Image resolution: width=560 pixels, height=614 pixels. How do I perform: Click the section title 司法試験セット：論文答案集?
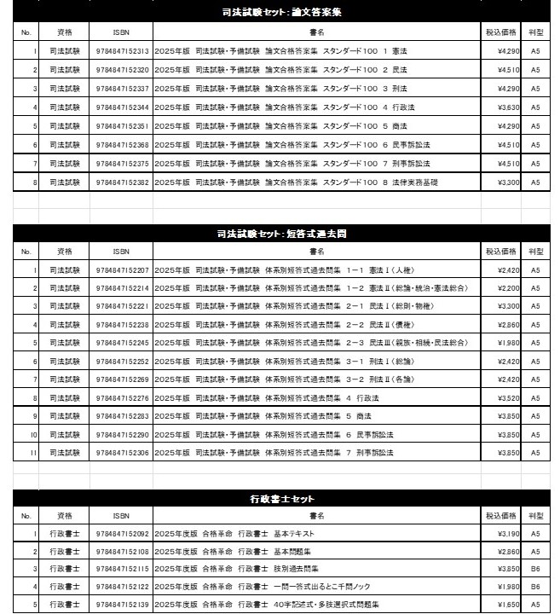[280, 12]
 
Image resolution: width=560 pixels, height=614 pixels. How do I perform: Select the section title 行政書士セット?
[280, 498]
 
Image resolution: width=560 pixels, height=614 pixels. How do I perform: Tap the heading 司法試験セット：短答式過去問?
[280, 232]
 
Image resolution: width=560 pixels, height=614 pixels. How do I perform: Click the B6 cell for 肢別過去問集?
[535, 569]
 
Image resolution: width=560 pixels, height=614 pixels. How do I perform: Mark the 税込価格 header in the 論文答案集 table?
[501, 32]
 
